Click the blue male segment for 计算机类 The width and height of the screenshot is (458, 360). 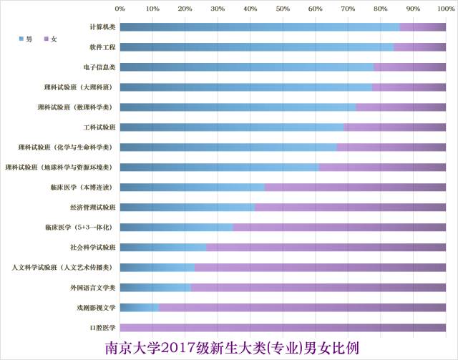pos(259,27)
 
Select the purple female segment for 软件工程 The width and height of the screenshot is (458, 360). pos(419,47)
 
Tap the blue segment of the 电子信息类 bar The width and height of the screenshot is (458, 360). pos(246,67)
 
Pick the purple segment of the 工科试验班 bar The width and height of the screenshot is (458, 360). pos(394,127)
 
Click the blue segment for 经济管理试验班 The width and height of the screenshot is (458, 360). pos(187,208)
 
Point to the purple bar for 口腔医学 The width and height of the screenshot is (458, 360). pos(283,328)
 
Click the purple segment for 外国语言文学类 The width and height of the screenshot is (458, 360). pos(318,288)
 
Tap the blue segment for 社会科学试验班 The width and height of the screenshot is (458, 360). pos(162,248)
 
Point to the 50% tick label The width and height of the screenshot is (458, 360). pos(283,9)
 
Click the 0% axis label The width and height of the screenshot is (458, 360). pos(120,9)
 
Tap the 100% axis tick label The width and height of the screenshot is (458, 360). pos(444,9)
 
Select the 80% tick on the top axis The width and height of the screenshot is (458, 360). pos(380,9)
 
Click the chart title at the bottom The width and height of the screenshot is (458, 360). pos(231,348)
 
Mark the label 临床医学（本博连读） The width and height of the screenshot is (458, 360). pos(82,188)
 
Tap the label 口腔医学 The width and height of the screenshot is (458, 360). pos(100,328)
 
